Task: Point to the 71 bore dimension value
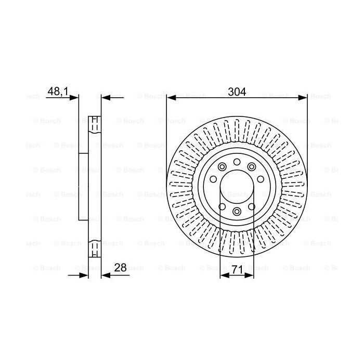[237, 270]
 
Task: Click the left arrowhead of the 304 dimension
[170, 97]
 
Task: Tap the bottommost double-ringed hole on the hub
[237, 211]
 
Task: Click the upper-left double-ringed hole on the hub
[222, 167]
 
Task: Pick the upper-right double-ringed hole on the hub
[251, 167]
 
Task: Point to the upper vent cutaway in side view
[95, 124]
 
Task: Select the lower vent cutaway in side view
[95, 249]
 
